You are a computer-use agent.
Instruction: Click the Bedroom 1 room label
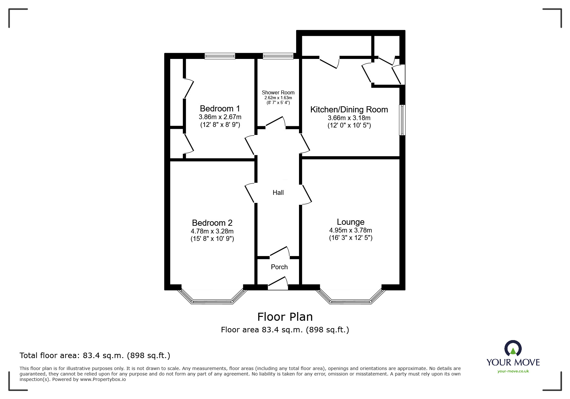point(220,108)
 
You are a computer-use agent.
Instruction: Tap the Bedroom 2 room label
point(212,223)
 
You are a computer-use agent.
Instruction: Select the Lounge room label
point(350,222)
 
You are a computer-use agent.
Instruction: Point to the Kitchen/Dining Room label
point(349,109)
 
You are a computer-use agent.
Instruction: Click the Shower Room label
point(278,92)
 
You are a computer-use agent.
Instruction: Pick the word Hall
point(278,193)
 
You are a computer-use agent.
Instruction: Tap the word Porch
point(279,267)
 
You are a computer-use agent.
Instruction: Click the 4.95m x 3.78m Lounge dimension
point(350,230)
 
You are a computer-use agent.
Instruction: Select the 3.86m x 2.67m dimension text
point(220,117)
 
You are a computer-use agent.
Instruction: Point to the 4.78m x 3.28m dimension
point(212,231)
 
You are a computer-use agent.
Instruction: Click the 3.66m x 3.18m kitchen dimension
point(349,118)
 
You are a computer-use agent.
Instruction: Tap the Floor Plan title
point(285,317)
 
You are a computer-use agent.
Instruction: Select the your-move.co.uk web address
point(513,371)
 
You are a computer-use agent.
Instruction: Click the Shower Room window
point(278,56)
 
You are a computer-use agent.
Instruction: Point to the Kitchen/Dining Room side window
point(402,120)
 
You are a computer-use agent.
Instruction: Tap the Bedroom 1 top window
point(220,56)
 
